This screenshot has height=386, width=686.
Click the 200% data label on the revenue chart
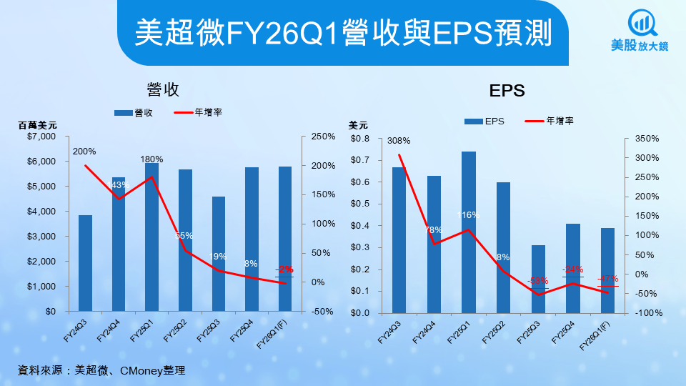[84, 152]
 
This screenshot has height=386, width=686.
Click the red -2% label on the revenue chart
[285, 269]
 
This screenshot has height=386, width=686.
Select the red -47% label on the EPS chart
[607, 279]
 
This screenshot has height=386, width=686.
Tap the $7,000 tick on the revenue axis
[41, 136]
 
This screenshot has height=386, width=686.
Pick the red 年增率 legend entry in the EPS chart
[550, 121]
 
